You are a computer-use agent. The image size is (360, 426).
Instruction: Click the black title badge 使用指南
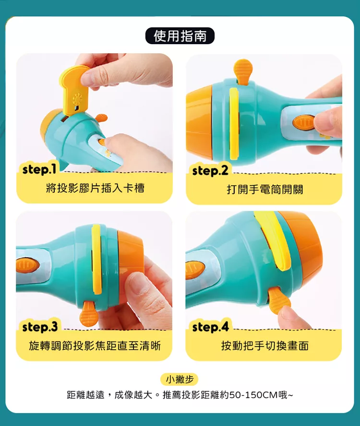tap(180, 36)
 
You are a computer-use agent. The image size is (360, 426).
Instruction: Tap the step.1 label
tap(39, 169)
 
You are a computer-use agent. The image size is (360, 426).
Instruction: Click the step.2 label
tap(210, 171)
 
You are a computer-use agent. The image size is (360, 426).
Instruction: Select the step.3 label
tap(40, 327)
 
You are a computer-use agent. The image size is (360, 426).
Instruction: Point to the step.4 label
tap(210, 327)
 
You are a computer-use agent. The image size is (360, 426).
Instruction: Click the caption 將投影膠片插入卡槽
tap(95, 188)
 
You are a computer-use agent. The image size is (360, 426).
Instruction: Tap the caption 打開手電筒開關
tap(265, 189)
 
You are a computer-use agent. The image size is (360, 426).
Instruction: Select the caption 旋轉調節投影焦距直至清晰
tap(95, 346)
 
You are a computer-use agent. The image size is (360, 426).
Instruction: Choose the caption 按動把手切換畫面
tap(265, 346)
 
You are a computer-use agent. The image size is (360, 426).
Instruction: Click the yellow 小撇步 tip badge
tap(180, 379)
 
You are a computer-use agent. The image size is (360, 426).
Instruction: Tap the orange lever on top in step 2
tap(243, 71)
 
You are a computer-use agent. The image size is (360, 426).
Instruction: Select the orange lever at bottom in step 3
tap(89, 314)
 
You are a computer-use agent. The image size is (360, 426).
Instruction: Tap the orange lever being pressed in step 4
tap(279, 301)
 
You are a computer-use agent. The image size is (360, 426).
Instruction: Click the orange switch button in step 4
tap(195, 271)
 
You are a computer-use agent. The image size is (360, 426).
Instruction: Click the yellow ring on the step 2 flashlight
tap(234, 124)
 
